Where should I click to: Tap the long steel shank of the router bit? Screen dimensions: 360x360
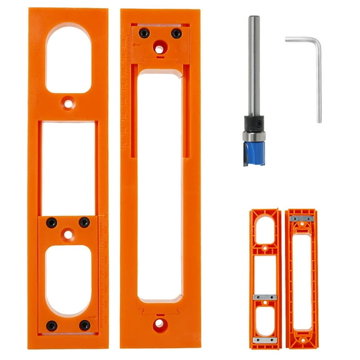pyautogui.click(x=252, y=62)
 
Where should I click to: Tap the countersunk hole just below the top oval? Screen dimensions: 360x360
pyautogui.click(x=67, y=99)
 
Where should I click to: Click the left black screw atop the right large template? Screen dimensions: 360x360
pyautogui.click(x=144, y=32)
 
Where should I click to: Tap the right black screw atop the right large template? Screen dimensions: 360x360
pyautogui.click(x=176, y=34)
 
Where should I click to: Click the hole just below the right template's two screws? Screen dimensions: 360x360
pyautogui.click(x=160, y=48)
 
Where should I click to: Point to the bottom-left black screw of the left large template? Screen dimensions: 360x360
pyautogui.click(x=51, y=326)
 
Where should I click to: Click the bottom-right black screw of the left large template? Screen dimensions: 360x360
pyautogui.click(x=84, y=326)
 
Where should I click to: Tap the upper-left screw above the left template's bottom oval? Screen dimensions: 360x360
pyautogui.click(x=51, y=222)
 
